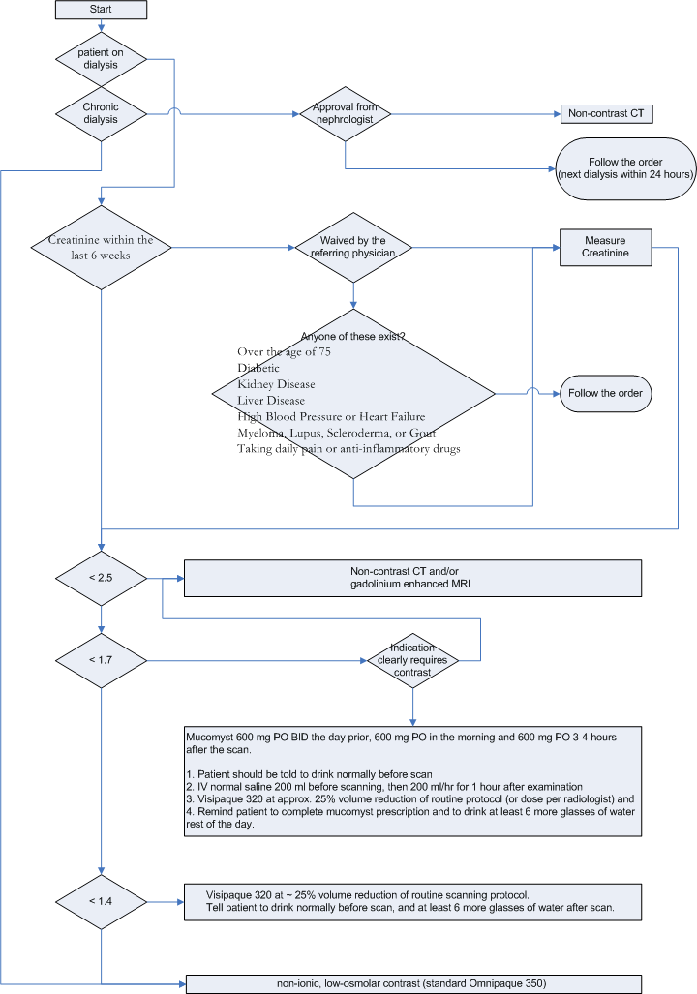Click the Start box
(101, 10)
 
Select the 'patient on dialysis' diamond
(101, 59)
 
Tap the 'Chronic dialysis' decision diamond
(101, 113)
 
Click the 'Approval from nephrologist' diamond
(345, 113)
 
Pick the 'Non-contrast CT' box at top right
(606, 113)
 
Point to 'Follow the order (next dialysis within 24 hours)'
(626, 168)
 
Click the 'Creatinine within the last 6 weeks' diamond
(101, 247)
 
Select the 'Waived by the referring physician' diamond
(353, 247)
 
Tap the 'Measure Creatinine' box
(606, 247)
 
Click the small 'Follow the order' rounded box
(606, 393)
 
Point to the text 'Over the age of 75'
(285, 352)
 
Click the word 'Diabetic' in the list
(258, 368)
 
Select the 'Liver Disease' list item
(271, 400)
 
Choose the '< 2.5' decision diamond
(101, 578)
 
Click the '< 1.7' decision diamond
(101, 660)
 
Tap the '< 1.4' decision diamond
(101, 901)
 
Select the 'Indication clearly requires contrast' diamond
(412, 660)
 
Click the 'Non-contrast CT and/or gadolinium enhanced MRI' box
(412, 578)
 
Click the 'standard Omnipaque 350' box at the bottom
(413, 984)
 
